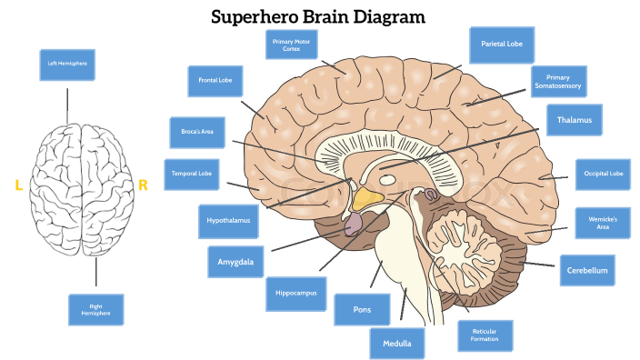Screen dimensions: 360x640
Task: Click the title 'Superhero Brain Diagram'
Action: [318, 16]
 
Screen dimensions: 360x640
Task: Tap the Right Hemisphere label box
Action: [95, 309]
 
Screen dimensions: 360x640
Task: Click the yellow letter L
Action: [18, 185]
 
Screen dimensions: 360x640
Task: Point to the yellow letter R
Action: [143, 185]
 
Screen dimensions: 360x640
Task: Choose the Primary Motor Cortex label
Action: [291, 45]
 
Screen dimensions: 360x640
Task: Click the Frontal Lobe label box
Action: [215, 81]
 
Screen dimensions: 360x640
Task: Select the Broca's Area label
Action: [197, 132]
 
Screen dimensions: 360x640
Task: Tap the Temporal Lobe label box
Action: [192, 174]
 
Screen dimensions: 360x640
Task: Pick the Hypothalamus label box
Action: [226, 220]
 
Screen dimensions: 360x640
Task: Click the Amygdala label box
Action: [235, 262]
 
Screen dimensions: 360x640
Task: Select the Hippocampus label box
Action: [295, 294]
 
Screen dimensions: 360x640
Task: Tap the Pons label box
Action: [361, 309]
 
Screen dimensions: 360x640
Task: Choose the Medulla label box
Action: [397, 343]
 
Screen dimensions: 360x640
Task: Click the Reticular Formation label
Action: [485, 335]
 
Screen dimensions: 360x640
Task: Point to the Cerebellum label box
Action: [586, 270]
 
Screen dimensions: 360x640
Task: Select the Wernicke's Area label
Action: [603, 223]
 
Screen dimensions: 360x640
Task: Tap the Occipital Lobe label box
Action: [603, 174]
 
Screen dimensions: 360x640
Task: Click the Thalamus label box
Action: [574, 120]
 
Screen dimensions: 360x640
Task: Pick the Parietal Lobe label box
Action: [502, 44]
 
